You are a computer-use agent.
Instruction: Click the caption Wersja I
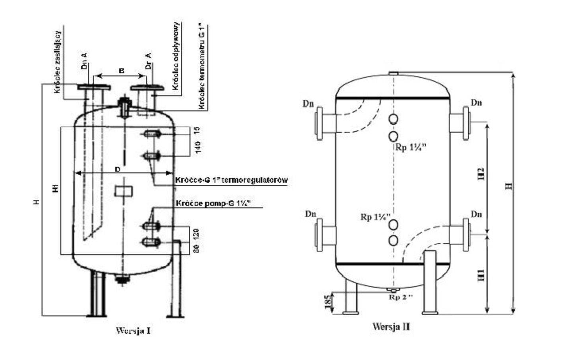tap(133, 331)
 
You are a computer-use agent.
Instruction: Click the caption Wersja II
tap(391, 327)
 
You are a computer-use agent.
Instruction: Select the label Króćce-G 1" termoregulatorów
tap(231, 180)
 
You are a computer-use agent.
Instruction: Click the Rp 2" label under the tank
tap(400, 297)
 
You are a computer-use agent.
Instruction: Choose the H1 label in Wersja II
tap(481, 275)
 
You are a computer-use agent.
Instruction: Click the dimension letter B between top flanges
tap(122, 71)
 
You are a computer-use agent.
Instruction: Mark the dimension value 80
tap(196, 248)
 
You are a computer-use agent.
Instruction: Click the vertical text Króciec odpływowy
tap(176, 56)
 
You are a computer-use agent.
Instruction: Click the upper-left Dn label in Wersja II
tap(308, 104)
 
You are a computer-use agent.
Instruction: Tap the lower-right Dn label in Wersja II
tap(476, 215)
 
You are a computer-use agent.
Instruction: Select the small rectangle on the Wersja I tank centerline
tap(124, 191)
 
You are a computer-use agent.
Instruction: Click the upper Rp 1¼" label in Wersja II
tap(410, 147)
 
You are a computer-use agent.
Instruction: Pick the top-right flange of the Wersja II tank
tap(466, 123)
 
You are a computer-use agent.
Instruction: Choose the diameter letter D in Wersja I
tap(118, 169)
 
